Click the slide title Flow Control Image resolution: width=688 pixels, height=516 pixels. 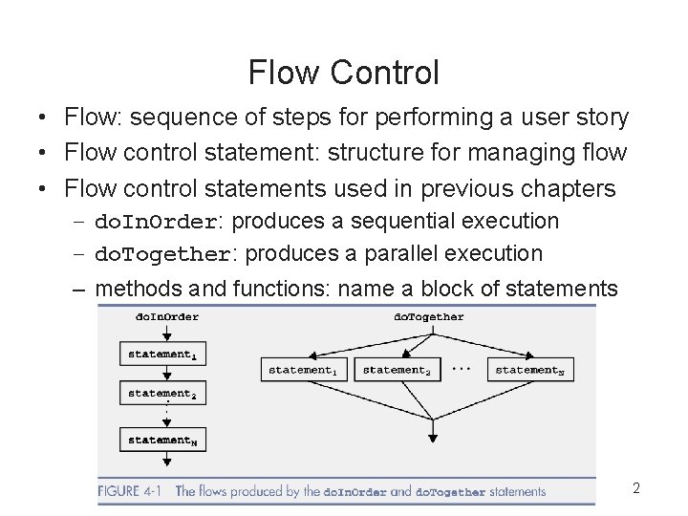[x=344, y=72]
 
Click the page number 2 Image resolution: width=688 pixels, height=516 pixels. [x=636, y=489]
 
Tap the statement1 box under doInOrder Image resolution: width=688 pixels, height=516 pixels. [x=162, y=354]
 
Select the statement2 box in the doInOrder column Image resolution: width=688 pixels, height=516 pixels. [x=162, y=393]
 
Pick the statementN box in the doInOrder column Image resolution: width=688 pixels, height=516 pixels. [x=162, y=440]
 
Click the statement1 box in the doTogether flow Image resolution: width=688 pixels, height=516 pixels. [x=303, y=370]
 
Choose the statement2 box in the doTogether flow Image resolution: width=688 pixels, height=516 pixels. [x=398, y=370]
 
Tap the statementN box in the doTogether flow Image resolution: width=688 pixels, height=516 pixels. [x=531, y=370]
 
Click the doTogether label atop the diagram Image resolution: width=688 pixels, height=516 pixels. [x=428, y=316]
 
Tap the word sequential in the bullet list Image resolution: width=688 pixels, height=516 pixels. [x=403, y=221]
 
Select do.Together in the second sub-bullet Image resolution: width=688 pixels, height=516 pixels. [x=162, y=254]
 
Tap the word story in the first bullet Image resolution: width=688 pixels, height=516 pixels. [x=602, y=118]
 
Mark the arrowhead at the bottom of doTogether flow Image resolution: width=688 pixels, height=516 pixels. [x=433, y=438]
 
